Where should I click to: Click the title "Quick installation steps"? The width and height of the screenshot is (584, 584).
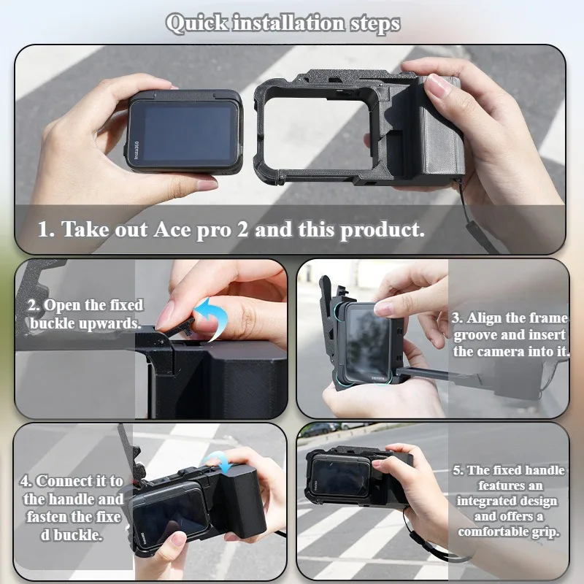(x=283, y=23)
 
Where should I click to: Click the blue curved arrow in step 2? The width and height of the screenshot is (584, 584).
(x=212, y=318)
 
